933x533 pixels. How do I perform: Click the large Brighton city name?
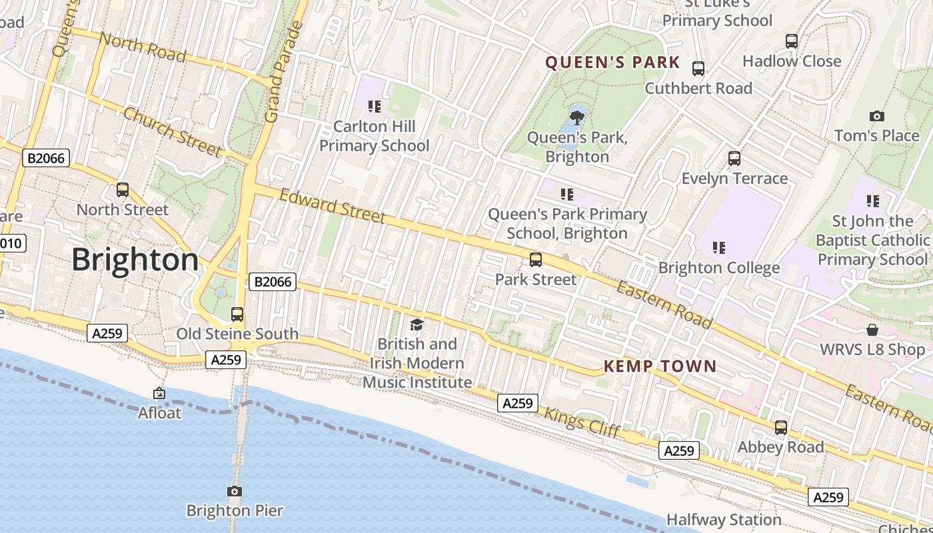tap(135, 259)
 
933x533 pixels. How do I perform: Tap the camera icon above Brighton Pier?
tap(235, 492)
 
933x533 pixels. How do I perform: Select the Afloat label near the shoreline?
tap(159, 413)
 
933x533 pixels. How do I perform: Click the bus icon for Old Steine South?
tap(237, 314)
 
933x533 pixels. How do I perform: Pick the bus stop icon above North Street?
tap(123, 190)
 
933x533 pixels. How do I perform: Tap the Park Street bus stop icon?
tap(535, 260)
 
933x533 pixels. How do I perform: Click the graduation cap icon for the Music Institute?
tap(417, 324)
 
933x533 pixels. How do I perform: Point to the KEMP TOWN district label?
tap(660, 366)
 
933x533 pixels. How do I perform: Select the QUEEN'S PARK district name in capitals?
tap(612, 63)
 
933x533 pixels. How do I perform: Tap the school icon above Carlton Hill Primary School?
tap(375, 106)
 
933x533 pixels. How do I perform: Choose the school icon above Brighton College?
tap(718, 248)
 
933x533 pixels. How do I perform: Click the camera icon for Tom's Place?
tap(877, 116)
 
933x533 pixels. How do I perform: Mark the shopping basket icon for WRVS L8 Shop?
tap(872, 330)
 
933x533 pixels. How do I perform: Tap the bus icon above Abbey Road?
tap(780, 428)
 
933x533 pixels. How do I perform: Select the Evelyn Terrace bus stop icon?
tap(734, 159)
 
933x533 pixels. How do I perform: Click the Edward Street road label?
tap(333, 206)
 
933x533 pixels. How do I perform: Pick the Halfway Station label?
tap(724, 520)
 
